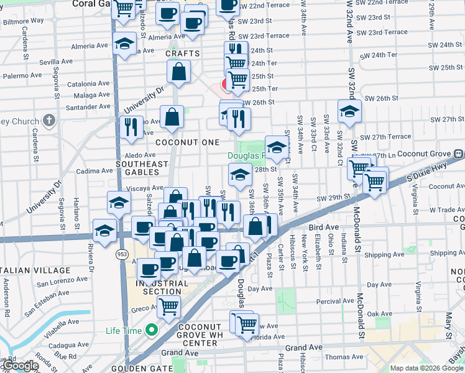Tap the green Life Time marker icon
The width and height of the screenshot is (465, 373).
[x=150, y=331]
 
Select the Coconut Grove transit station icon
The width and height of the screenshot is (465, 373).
[x=458, y=153]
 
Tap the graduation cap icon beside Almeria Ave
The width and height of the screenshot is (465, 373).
[x=125, y=44]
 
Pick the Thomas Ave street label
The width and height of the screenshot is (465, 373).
[x=344, y=357]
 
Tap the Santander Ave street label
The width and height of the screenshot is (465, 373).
[x=88, y=107]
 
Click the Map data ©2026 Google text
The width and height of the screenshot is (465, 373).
[x=426, y=367]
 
